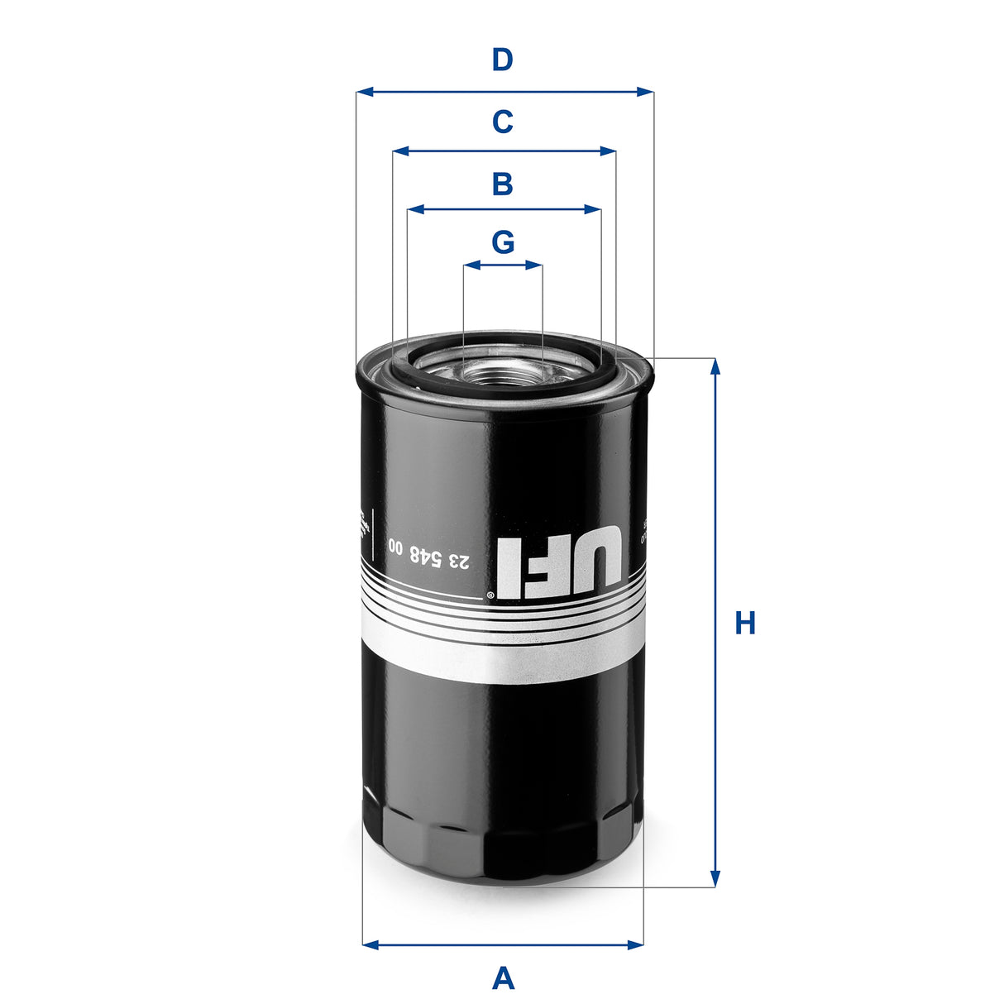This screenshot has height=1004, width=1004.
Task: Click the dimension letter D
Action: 502,60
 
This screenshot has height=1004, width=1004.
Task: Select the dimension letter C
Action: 502,122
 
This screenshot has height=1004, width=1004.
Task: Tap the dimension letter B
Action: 502,184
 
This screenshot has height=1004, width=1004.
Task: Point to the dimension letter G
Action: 503,242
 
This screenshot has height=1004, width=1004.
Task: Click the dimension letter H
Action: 745,623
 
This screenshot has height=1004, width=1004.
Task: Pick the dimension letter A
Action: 503,978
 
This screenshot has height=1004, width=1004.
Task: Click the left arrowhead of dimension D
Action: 363,92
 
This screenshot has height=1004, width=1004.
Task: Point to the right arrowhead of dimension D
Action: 646,92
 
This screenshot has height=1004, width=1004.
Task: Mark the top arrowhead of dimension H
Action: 715,366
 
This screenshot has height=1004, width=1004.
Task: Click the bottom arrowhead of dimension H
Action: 715,880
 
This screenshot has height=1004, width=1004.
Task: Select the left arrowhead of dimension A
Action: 370,944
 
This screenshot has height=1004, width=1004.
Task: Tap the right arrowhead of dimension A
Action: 636,944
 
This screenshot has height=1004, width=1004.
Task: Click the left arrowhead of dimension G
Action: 470,265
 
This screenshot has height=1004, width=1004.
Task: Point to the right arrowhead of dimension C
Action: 610,151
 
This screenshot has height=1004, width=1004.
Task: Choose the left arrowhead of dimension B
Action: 414,210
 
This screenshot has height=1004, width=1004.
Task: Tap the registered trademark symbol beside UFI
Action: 490,595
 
